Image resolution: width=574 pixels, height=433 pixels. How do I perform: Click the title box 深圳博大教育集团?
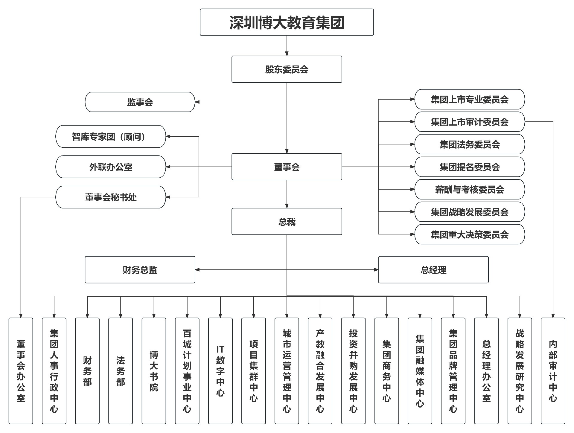287,22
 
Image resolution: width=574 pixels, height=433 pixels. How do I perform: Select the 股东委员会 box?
287,69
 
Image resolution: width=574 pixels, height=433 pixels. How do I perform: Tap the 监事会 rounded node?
140,102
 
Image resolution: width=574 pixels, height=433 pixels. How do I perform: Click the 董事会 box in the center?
287,167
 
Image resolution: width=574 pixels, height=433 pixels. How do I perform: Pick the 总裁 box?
287,221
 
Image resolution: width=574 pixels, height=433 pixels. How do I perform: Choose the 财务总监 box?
140,270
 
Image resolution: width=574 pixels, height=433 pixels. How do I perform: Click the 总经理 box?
433,270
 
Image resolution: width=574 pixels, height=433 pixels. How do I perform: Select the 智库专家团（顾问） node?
110,136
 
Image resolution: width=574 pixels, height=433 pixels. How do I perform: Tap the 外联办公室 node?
110,167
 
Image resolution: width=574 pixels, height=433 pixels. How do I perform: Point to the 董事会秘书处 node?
110,197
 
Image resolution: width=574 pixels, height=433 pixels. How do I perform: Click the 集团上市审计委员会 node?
469,122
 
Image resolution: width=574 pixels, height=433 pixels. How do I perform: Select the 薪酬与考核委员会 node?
469,189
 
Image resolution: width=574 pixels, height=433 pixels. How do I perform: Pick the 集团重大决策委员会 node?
469,234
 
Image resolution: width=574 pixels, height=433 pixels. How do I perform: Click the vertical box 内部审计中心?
552,371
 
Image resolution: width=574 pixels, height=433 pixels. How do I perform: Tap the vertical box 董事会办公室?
21,371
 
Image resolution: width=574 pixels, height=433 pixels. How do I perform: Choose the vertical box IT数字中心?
220,371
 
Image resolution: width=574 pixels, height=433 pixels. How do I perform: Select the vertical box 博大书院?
154,371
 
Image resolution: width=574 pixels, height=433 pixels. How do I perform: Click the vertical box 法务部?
120,371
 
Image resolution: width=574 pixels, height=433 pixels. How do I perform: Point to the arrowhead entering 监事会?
197,102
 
